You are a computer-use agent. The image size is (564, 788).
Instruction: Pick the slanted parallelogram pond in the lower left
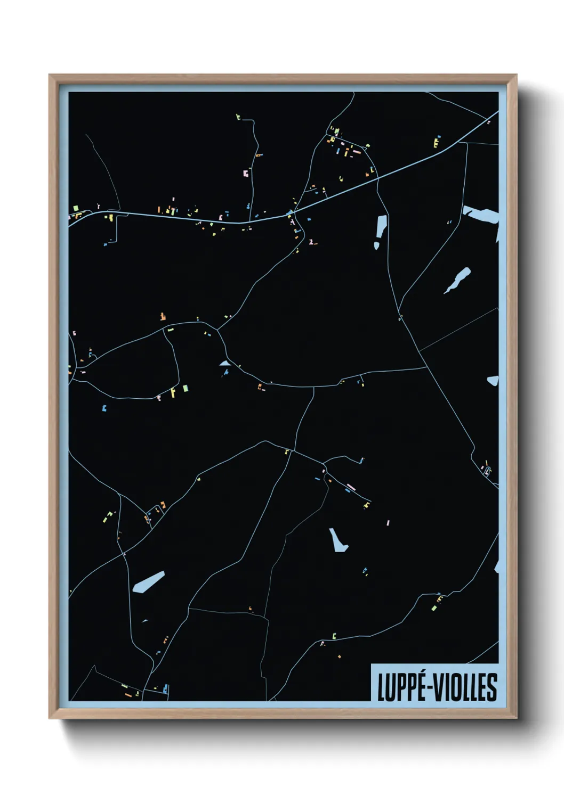[x=148, y=581]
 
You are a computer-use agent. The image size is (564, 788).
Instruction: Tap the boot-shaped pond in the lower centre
[x=338, y=540]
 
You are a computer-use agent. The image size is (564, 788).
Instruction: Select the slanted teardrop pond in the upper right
[x=458, y=280]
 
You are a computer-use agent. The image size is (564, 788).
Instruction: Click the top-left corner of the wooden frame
[x=50, y=76]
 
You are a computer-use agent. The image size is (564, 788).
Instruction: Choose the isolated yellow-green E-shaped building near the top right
[x=437, y=142]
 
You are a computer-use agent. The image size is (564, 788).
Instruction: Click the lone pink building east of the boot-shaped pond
[x=388, y=523]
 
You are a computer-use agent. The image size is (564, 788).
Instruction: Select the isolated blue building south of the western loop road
[x=104, y=408]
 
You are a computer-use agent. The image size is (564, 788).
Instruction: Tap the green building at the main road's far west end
[x=76, y=208]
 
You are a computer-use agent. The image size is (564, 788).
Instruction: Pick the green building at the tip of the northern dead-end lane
[x=238, y=116]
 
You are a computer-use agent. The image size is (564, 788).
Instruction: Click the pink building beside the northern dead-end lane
[x=245, y=173]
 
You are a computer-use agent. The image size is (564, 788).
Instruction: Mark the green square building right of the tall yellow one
[x=185, y=388]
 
